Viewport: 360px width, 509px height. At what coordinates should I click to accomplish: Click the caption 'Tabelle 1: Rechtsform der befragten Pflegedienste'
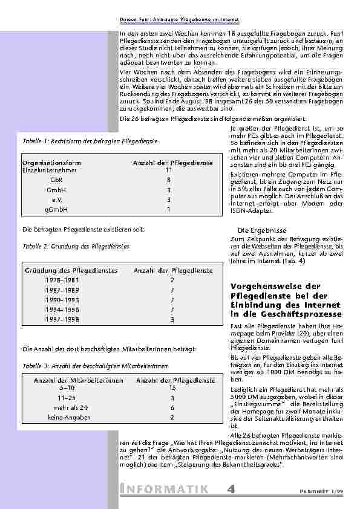(x=90, y=141)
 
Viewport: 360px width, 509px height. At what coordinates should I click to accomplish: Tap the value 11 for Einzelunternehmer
(x=169, y=170)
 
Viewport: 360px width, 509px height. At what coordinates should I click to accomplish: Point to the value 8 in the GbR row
(x=169, y=180)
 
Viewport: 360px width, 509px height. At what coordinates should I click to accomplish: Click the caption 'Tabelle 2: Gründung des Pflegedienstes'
(x=76, y=247)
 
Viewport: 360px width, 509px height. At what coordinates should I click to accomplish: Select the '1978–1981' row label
(x=61, y=280)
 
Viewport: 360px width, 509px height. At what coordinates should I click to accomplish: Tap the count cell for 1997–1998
(x=172, y=319)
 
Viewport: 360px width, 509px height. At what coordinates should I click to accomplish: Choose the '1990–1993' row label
(x=61, y=300)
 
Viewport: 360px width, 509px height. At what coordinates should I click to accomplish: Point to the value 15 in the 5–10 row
(x=172, y=388)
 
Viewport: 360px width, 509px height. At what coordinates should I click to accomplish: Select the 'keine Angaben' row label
(x=69, y=417)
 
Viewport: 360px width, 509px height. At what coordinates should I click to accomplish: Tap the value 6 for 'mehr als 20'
(x=172, y=407)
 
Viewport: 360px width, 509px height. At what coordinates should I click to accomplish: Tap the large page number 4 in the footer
(x=232, y=489)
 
